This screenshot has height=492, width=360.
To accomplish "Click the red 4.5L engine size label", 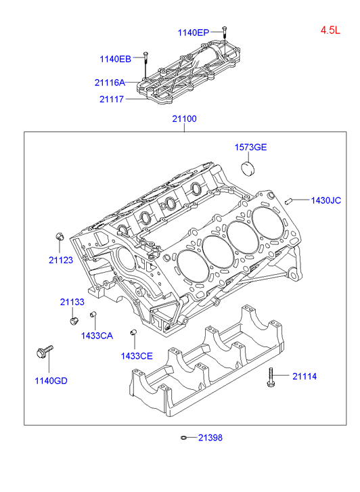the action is tap(330, 30).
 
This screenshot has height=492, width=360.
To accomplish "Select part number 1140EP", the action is tap(194, 32).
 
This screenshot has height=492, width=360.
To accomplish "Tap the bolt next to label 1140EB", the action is tap(145, 64).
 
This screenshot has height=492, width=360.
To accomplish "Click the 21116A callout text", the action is tap(110, 83).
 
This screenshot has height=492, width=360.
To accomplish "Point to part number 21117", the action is tap(112, 99).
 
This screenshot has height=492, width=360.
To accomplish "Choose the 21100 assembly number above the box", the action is tap(184, 119).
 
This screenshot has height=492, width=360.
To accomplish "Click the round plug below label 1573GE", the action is tap(248, 169).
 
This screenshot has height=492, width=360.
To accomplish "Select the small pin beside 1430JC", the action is tap(289, 201).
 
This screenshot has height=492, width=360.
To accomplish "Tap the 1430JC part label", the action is tap(325, 200).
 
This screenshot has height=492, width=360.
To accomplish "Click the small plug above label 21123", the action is tap(60, 236).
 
